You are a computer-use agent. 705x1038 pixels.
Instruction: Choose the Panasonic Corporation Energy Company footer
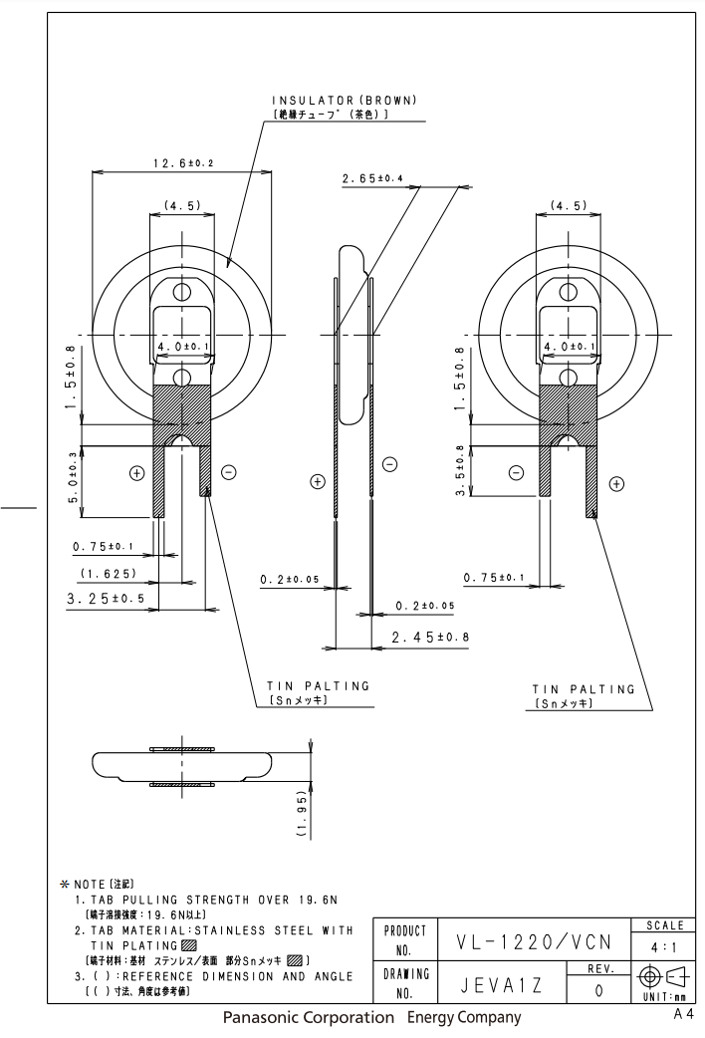tap(371, 1018)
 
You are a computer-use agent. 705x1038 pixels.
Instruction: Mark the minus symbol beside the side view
tap(389, 464)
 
